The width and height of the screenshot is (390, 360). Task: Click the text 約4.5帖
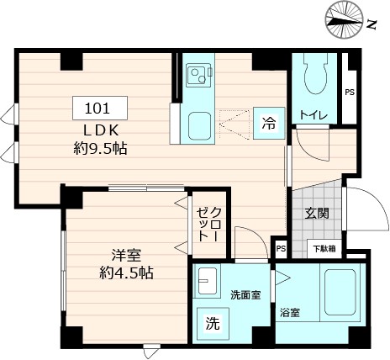click(124, 273)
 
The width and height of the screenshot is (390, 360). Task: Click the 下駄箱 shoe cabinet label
click(327, 247)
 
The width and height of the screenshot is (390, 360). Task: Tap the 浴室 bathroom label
click(290, 313)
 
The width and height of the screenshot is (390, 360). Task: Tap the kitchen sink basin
click(200, 126)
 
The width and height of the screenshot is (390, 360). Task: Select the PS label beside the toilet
click(349, 92)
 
